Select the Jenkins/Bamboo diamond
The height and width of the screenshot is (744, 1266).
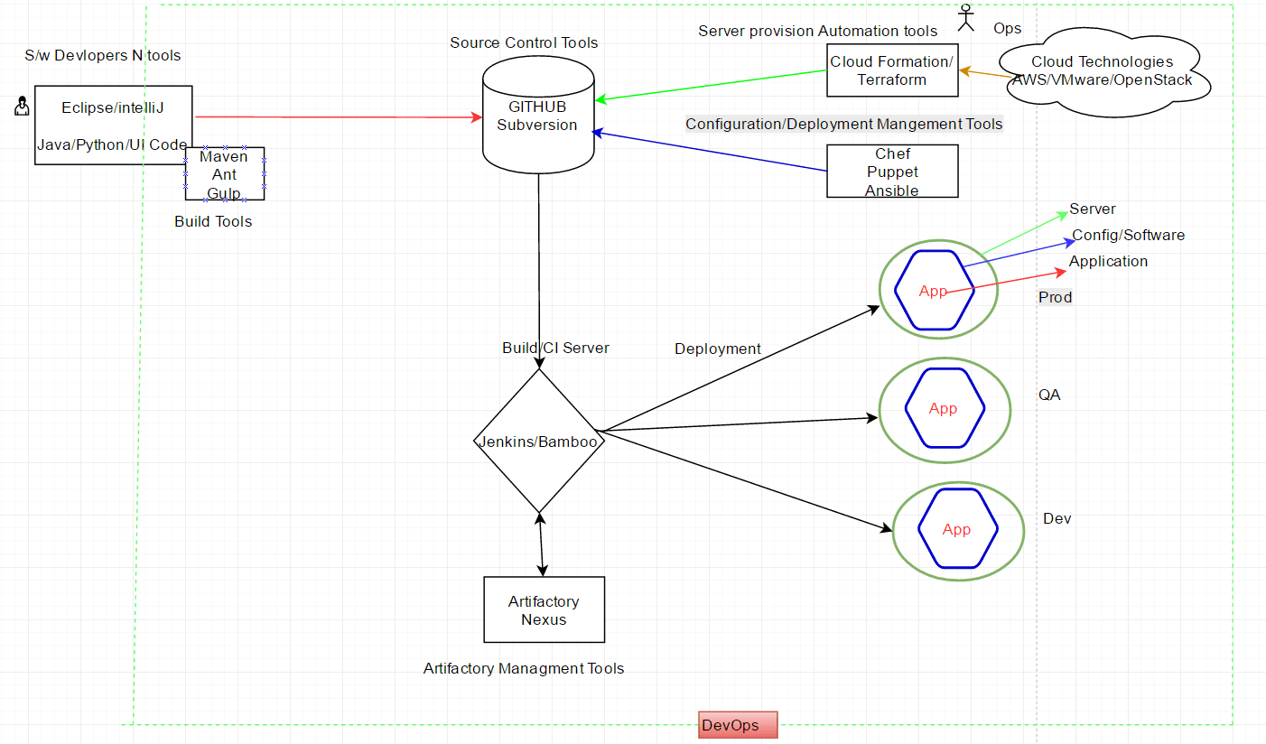[x=539, y=442]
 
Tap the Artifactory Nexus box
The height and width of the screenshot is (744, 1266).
[x=544, y=610]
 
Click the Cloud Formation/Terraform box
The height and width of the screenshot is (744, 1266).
[x=891, y=70]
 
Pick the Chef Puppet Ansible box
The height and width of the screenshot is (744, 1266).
[x=891, y=172]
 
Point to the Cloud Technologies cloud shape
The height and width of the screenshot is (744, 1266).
[x=1103, y=71]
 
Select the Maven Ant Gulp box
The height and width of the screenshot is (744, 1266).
[x=225, y=174]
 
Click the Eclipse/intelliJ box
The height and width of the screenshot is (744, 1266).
[x=113, y=113]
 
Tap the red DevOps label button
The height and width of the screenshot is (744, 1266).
[x=737, y=725]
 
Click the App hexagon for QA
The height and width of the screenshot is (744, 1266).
[x=943, y=409]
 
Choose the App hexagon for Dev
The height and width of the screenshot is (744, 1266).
[x=956, y=529]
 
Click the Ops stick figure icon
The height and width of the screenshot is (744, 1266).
[x=967, y=18]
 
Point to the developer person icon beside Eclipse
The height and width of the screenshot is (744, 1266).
[x=22, y=107]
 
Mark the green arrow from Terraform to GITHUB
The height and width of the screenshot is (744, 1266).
[x=713, y=85]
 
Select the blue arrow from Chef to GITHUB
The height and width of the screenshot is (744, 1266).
[x=709, y=152]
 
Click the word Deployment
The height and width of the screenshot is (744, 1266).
[x=718, y=349]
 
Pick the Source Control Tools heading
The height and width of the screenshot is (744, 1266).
[x=524, y=42]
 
